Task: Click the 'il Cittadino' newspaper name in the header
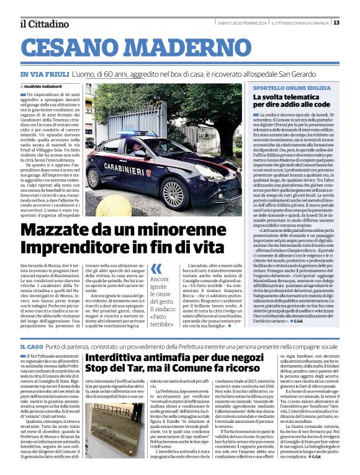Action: tap(43, 24)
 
